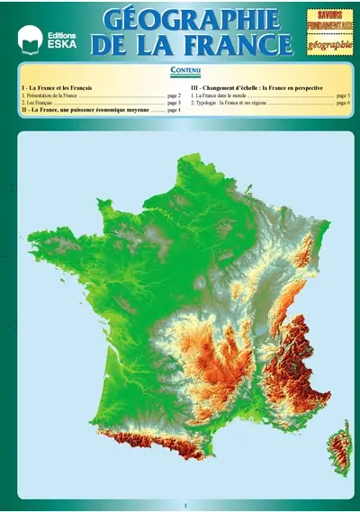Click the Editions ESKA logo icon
pos(30,38)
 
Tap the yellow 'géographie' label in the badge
pos(329,44)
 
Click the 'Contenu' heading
pos(184,70)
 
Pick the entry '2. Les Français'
pos(37,103)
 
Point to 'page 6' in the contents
pos(343,103)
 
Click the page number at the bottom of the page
pos(184,505)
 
